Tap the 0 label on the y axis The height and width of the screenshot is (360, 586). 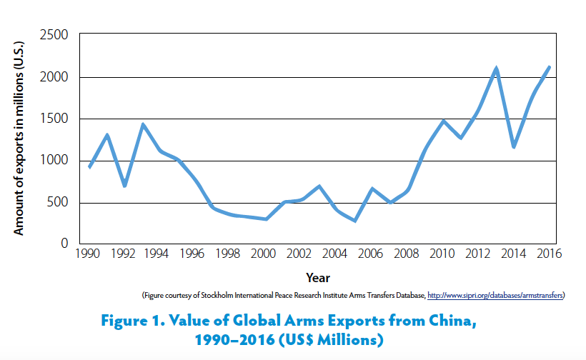pyautogui.click(x=64, y=244)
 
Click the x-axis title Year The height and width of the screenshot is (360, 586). pyautogui.click(x=317, y=277)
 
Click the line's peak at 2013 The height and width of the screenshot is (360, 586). pyautogui.click(x=496, y=69)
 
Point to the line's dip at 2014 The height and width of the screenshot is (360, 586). pyautogui.click(x=514, y=146)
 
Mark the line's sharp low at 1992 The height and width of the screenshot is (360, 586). pyautogui.click(x=125, y=186)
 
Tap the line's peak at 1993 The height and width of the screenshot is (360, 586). pyautogui.click(x=143, y=125)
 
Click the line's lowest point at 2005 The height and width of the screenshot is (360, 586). pyautogui.click(x=355, y=221)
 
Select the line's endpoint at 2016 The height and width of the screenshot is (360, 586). pyautogui.click(x=549, y=67)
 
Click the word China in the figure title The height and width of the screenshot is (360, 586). pyautogui.click(x=449, y=321)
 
